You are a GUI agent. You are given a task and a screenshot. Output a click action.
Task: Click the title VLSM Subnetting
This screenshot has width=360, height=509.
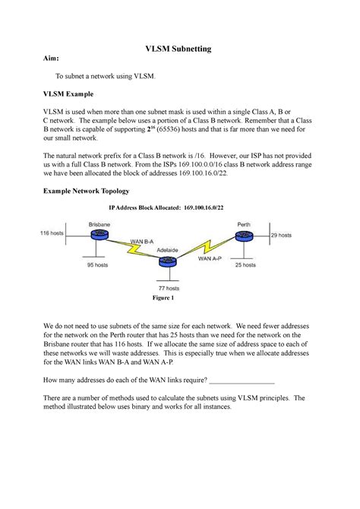[178, 49]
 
